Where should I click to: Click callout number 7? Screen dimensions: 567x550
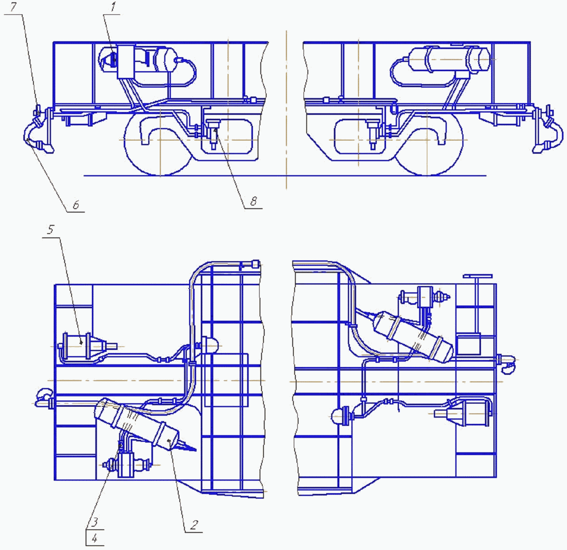click(13, 8)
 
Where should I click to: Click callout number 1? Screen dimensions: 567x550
click(113, 7)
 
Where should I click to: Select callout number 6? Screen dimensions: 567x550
click(76, 205)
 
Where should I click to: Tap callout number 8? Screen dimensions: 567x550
click(253, 201)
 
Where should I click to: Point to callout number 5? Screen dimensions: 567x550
click(51, 230)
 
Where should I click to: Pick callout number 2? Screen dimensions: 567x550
click(194, 525)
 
